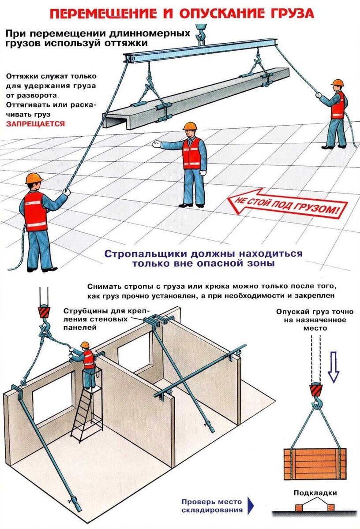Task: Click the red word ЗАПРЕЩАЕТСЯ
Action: (x=35, y=124)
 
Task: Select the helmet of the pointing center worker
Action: (x=189, y=126)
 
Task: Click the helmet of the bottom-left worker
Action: (x=34, y=178)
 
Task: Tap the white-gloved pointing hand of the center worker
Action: (x=157, y=144)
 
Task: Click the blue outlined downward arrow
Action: (x=334, y=366)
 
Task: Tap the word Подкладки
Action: (x=315, y=493)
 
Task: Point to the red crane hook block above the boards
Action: (x=315, y=390)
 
